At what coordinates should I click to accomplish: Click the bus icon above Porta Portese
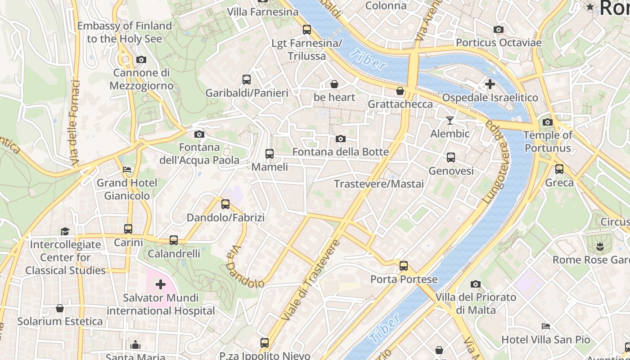pyautogui.click(x=404, y=265)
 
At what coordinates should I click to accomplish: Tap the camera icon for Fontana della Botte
pyautogui.click(x=341, y=139)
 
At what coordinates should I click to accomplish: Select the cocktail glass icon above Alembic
pyautogui.click(x=450, y=120)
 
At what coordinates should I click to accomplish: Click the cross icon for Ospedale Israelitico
pyautogui.click(x=490, y=84)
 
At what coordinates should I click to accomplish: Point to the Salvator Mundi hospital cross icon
pyautogui.click(x=161, y=284)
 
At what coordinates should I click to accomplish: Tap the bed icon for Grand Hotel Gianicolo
pyautogui.click(x=127, y=170)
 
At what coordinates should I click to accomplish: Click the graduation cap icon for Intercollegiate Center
pyautogui.click(x=65, y=231)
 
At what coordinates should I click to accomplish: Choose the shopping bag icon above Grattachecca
pyautogui.click(x=400, y=91)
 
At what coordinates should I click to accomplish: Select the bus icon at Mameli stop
pyautogui.click(x=269, y=154)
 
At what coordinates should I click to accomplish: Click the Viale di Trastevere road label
pyautogui.click(x=310, y=280)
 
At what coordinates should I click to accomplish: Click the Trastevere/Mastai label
pyautogui.click(x=379, y=184)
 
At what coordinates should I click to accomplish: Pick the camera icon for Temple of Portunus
pyautogui.click(x=548, y=122)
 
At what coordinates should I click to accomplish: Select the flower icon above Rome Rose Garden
pyautogui.click(x=599, y=246)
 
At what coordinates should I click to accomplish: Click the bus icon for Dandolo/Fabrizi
pyautogui.click(x=225, y=205)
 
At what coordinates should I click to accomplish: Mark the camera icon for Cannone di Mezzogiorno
pyautogui.click(x=141, y=59)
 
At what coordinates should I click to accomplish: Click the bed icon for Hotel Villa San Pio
pyautogui.click(x=546, y=326)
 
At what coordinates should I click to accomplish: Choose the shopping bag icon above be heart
pyautogui.click(x=334, y=84)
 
